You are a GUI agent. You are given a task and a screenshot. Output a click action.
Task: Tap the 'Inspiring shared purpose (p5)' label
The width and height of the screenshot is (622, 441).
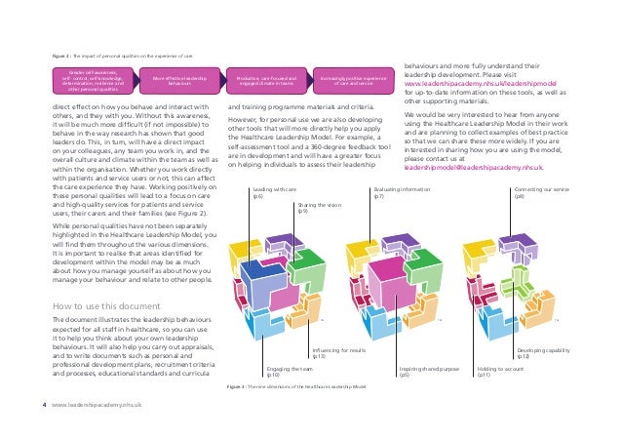point(428,371)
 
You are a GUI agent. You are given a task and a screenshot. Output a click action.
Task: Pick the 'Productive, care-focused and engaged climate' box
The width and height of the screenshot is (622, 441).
point(266,77)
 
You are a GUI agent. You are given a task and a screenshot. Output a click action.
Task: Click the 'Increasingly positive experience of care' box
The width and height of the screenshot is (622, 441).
point(349,77)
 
